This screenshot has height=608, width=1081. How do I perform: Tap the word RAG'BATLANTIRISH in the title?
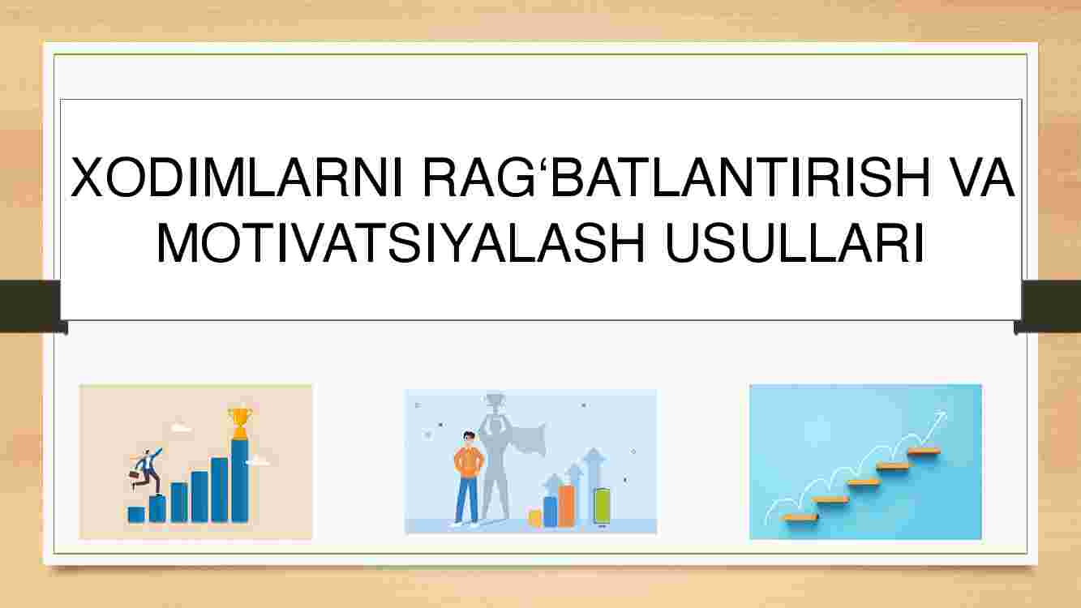click(676, 178)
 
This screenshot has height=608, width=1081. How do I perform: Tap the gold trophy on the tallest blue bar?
click(239, 423)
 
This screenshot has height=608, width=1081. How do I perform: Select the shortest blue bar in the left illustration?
click(136, 515)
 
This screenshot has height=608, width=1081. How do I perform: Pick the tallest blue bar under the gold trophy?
click(239, 481)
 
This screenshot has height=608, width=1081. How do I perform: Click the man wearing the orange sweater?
click(467, 477)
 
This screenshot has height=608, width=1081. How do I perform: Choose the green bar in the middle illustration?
click(601, 506)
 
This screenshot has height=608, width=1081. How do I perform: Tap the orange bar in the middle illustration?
click(567, 506)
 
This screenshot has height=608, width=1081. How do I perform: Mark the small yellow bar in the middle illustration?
click(534, 518)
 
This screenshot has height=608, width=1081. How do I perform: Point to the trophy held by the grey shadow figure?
click(493, 404)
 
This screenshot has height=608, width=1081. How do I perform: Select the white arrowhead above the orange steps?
click(940, 417)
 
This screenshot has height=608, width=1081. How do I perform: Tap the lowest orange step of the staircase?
click(801, 517)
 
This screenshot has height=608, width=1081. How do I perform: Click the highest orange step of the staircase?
click(924, 452)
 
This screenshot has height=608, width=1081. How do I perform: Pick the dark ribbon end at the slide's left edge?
click(32, 306)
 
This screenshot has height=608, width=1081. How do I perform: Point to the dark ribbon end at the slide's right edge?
click(1049, 306)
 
